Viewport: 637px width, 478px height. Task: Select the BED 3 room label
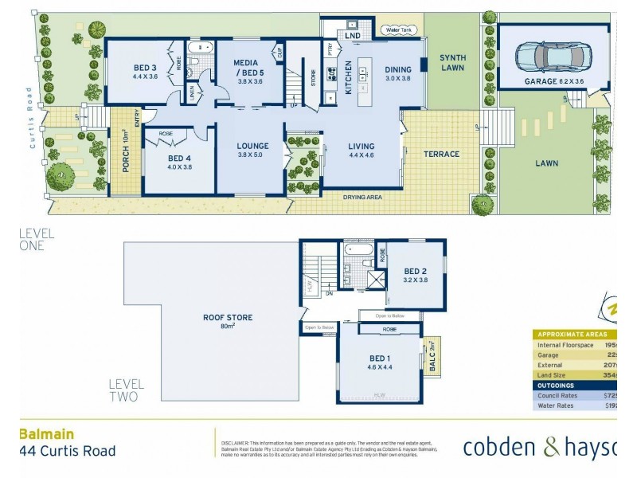(145, 72)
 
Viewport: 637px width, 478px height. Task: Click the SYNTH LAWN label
(453, 63)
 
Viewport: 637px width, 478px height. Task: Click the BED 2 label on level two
(416, 275)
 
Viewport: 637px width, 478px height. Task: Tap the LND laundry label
(354, 35)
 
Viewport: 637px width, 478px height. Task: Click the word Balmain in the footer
(46, 434)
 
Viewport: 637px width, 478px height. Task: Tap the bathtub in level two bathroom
(356, 254)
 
